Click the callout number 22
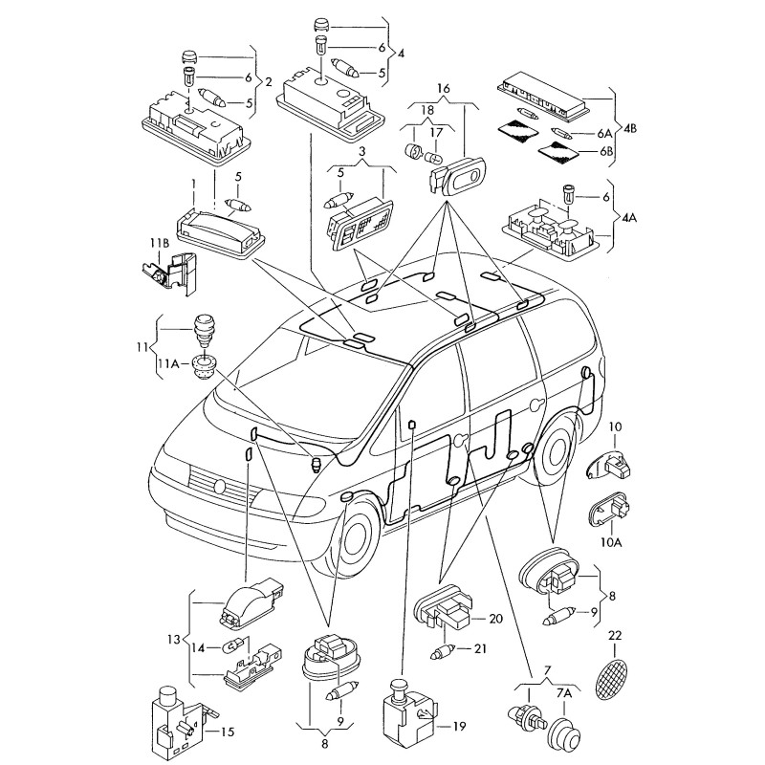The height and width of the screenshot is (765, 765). pos(615,636)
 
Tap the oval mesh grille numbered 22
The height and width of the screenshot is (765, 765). pos(611,678)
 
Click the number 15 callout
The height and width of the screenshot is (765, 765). pos(227,733)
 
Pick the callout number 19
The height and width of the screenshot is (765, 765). pos(459,727)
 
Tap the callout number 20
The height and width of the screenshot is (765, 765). pos(495,619)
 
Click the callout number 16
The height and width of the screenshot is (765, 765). pos(443,89)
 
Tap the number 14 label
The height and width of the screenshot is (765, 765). pos(199,647)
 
